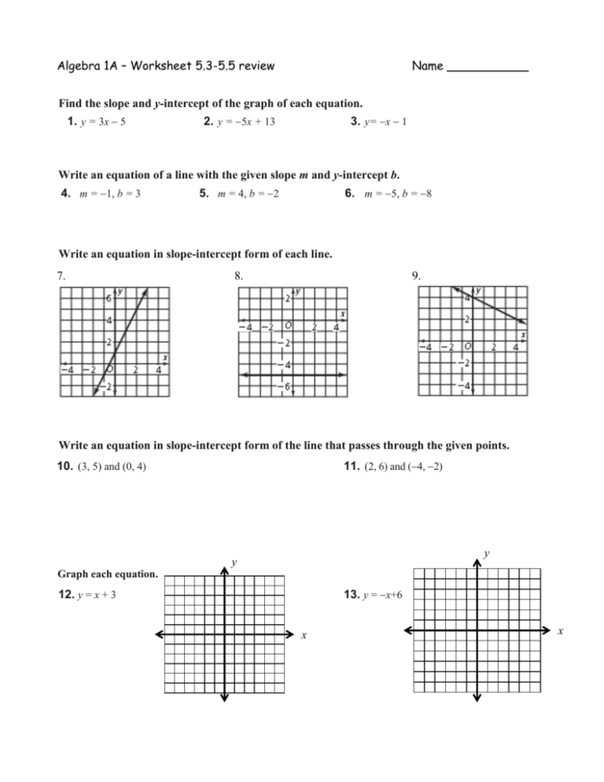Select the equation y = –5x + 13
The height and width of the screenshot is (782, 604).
245,123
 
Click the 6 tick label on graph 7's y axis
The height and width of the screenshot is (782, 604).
110,298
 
